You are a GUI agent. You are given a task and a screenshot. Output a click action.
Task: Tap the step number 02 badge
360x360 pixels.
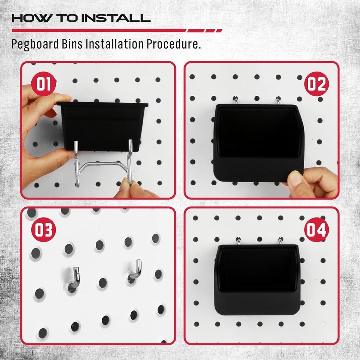[316, 84]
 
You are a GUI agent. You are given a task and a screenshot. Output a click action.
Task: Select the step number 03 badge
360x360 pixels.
[43, 230]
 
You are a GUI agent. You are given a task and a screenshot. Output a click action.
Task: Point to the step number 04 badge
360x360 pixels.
[316, 230]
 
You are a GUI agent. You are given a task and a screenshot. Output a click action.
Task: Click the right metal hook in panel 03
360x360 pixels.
[135, 270]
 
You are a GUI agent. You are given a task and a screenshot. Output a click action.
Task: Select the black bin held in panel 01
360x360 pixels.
[103, 124]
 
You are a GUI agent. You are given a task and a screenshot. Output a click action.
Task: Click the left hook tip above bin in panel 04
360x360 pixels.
[238, 240]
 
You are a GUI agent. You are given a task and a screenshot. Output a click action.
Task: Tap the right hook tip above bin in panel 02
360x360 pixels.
[278, 100]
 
